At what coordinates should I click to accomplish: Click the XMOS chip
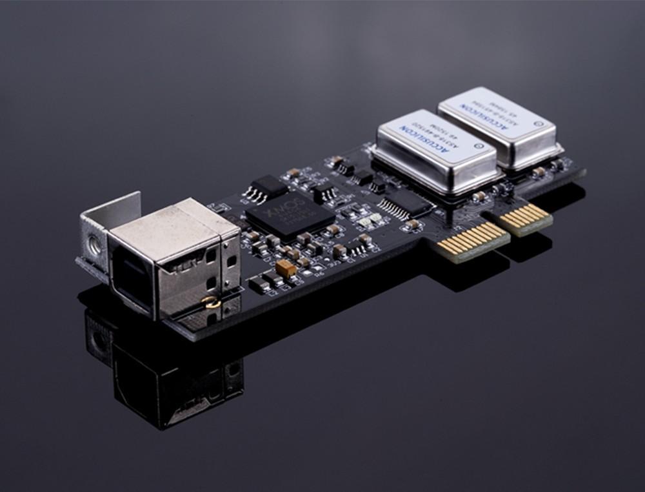click(x=290, y=212)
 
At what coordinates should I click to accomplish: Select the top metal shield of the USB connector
click(x=171, y=226)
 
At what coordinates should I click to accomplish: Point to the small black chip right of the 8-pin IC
click(x=324, y=192)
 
